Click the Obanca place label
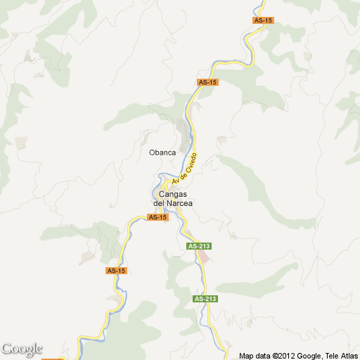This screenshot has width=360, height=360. click(x=162, y=152)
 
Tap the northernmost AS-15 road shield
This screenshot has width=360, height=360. click(x=262, y=20)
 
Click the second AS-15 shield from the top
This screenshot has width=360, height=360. click(x=208, y=82)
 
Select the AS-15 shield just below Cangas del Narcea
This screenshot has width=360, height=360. click(x=158, y=217)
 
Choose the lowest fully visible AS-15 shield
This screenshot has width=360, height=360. click(x=116, y=271)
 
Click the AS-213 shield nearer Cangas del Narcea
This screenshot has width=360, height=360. click(x=199, y=246)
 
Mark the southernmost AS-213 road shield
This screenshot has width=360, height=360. click(x=205, y=299)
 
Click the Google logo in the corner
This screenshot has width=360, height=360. click(x=22, y=349)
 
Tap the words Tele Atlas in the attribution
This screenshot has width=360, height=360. click(x=340, y=356)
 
